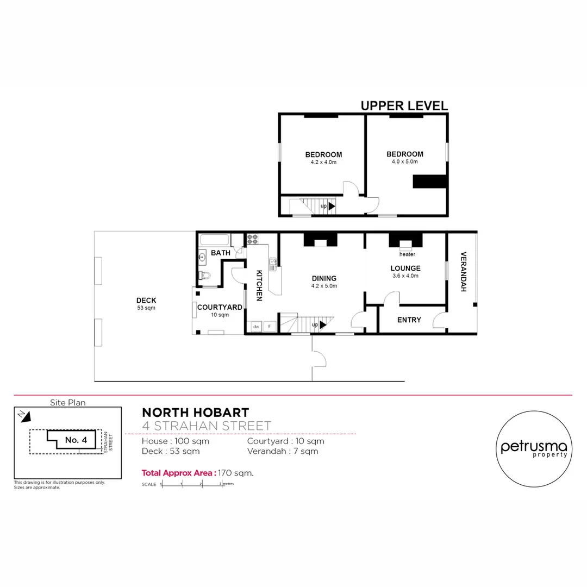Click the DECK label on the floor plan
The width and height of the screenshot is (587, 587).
coord(146,301)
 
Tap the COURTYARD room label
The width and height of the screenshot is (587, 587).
coord(220,307)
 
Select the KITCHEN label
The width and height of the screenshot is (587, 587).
coord(259,285)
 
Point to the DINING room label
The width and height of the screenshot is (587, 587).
coord(324,279)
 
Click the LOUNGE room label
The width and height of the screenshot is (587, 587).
coord(405,268)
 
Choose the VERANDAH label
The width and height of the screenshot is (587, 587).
coord(463,272)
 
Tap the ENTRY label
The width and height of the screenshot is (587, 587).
coord(409,320)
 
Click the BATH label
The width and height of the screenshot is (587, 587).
coord(220,253)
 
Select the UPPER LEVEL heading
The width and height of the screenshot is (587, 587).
coord(404,106)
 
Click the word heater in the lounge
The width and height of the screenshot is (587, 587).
coord(407,254)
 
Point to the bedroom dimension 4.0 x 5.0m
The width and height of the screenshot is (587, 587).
coord(404,161)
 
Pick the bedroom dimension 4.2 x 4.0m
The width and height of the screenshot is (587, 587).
coord(323,162)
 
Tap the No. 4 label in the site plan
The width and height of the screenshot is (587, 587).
coord(76,440)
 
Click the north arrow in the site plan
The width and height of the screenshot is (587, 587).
coord(25,416)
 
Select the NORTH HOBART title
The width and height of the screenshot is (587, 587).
coord(195,413)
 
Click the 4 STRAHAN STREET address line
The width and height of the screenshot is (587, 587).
coord(206,426)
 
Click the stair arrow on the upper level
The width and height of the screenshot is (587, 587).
coord(331,206)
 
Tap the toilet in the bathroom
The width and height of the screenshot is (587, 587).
coord(205,275)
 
